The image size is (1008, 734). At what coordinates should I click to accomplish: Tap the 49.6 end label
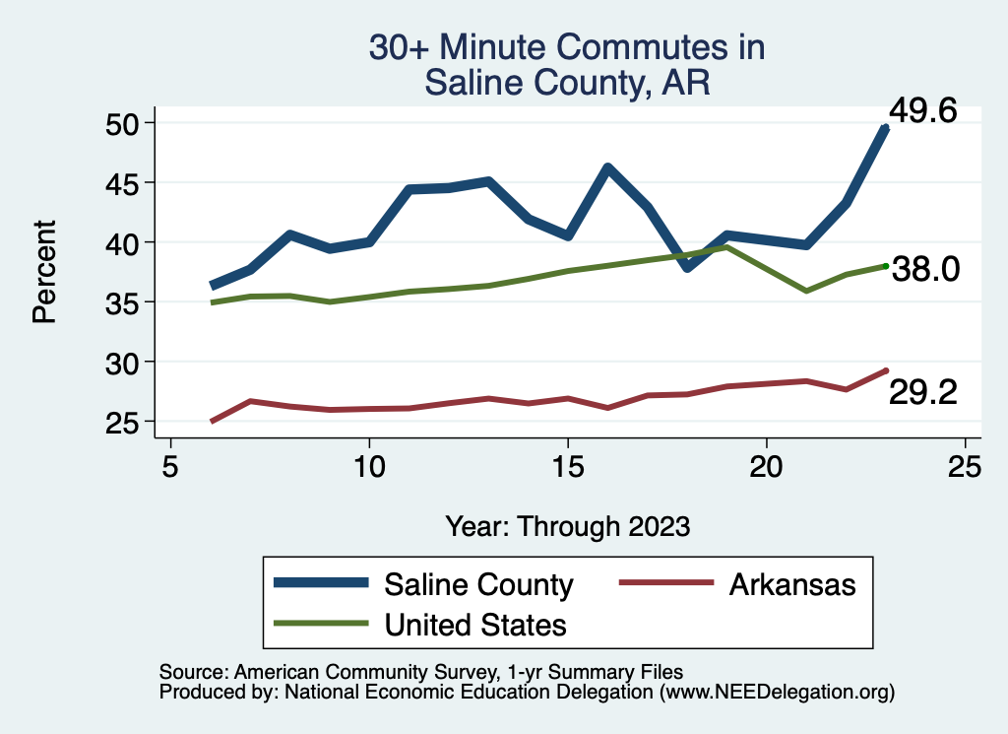coord(922,111)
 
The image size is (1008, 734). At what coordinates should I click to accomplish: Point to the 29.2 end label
coord(923,392)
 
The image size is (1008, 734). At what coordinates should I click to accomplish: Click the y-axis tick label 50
coord(124,123)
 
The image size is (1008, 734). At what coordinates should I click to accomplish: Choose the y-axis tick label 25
coord(124,422)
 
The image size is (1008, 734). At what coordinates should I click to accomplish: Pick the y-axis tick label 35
coord(124,302)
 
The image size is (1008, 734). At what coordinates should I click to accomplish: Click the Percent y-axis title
coord(43,272)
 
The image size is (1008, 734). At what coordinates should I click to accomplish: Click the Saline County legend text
coord(478,584)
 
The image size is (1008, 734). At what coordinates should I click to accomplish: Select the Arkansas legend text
coord(792,584)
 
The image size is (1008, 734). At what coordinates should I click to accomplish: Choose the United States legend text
coord(475,624)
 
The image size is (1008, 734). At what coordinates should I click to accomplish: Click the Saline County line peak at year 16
coord(607,168)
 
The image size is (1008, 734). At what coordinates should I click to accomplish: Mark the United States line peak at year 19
coord(726,247)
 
